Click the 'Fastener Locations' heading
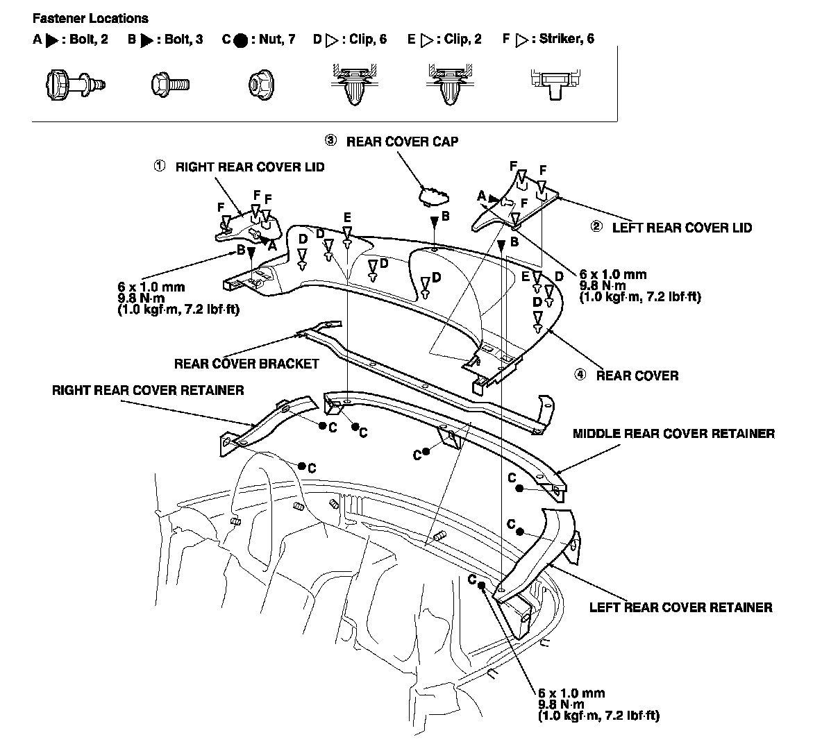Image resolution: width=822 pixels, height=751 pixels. [x=90, y=18]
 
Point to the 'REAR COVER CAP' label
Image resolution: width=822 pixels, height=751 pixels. [x=402, y=142]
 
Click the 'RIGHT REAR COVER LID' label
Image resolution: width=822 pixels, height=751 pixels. [x=249, y=167]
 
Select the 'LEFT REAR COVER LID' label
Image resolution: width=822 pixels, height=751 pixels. [x=681, y=227]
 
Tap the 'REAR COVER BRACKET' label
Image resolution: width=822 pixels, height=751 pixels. [x=246, y=363]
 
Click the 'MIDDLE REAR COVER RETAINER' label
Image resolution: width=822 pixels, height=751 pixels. [x=673, y=434]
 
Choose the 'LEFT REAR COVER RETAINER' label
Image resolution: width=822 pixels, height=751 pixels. [x=680, y=607]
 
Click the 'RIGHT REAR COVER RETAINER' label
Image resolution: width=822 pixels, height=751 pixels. [x=148, y=390]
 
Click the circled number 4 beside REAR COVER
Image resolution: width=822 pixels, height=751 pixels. [x=580, y=375]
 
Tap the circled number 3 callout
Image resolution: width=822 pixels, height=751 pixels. [x=330, y=141]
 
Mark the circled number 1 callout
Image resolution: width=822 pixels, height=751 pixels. [x=160, y=167]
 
